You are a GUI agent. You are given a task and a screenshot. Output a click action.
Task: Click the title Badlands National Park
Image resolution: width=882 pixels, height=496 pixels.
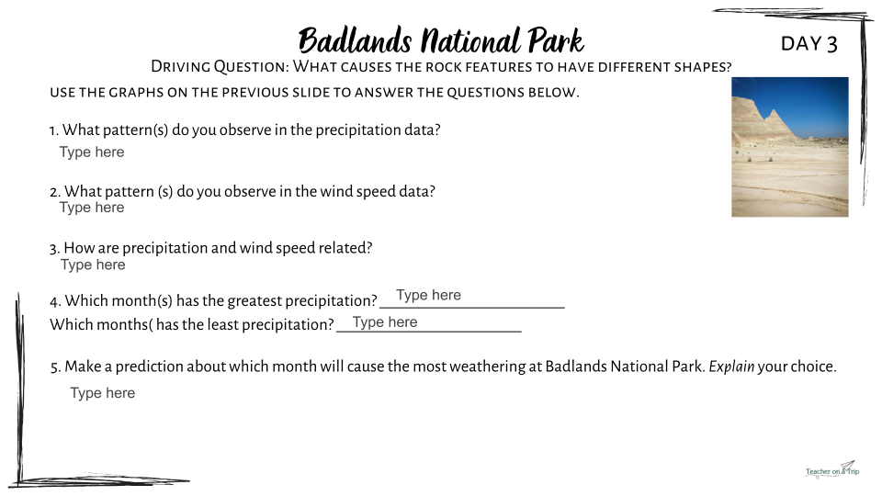point(441,40)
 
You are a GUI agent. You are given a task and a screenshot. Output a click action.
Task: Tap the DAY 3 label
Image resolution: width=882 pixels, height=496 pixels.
point(808,44)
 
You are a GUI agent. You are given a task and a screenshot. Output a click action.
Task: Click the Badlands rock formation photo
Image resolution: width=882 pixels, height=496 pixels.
point(790,147)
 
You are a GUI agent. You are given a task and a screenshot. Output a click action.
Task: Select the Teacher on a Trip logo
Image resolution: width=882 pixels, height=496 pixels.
point(832,469)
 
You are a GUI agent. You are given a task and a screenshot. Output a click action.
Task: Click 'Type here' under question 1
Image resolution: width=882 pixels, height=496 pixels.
point(92,152)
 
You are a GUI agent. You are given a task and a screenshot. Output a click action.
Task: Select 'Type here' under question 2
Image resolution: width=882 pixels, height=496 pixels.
point(92,208)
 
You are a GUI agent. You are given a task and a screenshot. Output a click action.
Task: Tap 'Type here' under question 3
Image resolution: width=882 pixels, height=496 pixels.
point(93,265)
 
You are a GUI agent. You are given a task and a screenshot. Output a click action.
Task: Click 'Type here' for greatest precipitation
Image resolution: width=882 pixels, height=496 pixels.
point(429,295)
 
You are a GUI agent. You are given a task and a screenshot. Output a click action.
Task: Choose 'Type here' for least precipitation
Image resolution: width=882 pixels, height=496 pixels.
point(385,322)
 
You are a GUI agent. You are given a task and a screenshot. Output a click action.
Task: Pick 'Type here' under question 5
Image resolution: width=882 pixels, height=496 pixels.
point(102,393)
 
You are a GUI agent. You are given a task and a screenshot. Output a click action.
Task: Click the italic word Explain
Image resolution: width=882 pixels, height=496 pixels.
point(731,366)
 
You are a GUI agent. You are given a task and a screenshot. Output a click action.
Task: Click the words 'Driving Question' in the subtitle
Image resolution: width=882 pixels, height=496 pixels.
point(220,67)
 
